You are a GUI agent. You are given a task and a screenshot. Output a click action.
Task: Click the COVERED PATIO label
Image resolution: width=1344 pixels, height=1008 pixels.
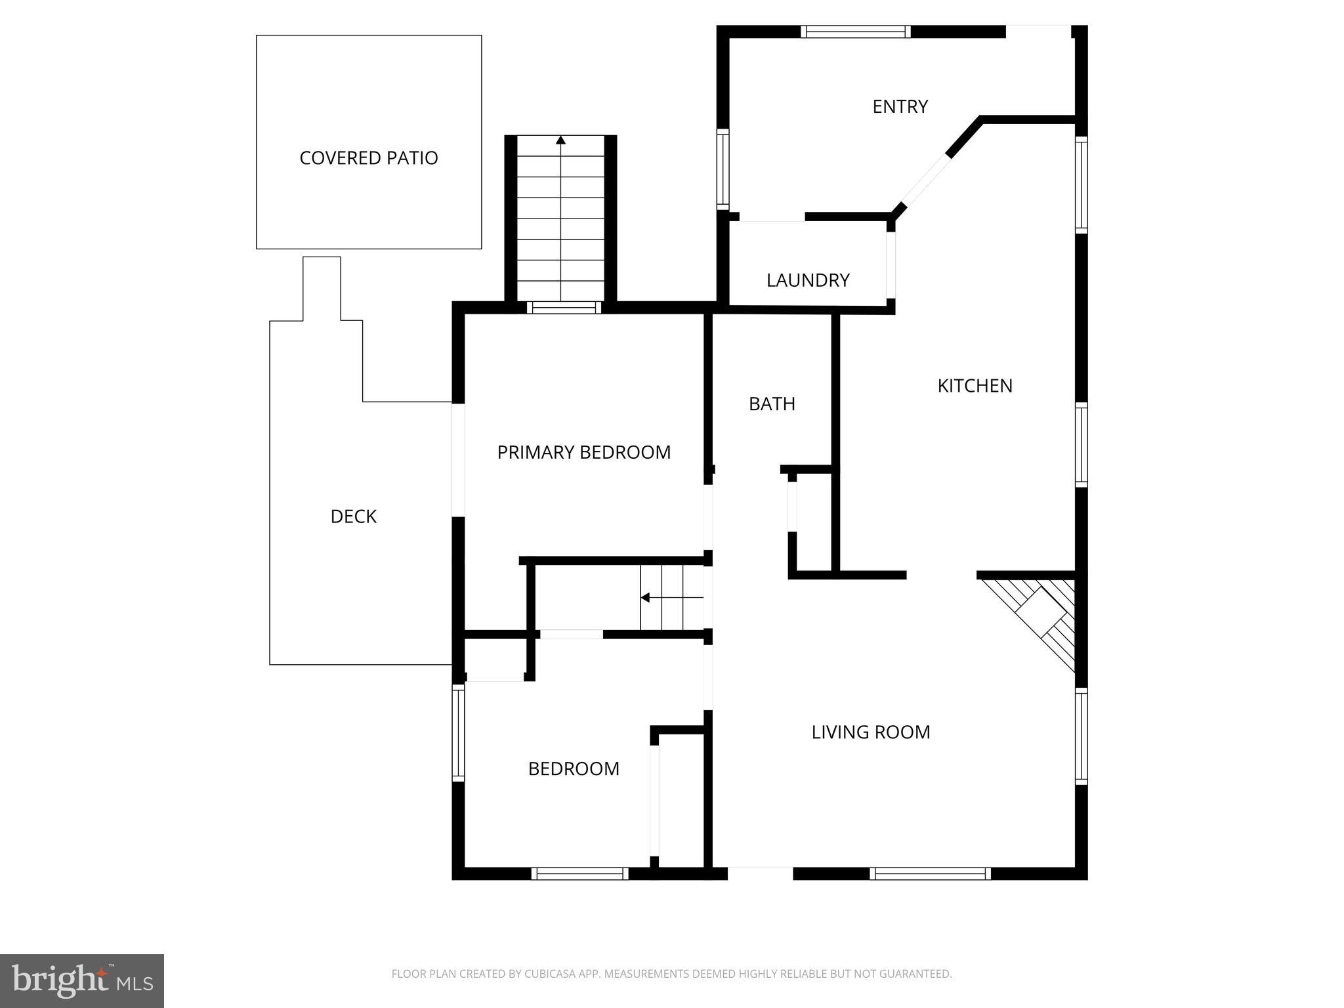[368, 158]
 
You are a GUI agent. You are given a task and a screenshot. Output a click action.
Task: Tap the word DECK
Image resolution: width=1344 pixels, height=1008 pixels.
[353, 516]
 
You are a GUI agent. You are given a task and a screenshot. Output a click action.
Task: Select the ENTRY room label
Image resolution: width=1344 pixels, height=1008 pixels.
[900, 106]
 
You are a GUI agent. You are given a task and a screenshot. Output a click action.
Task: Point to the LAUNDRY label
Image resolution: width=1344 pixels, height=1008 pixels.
[808, 280]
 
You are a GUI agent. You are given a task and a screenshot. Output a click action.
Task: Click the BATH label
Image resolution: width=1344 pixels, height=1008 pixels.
[772, 404]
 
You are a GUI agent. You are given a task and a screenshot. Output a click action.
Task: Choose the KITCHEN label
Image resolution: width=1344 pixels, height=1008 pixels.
[975, 386]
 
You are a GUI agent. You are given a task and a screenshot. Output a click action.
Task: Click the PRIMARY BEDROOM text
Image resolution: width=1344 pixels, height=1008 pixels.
[583, 452]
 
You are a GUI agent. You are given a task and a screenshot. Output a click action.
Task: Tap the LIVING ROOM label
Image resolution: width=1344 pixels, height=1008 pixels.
[870, 732]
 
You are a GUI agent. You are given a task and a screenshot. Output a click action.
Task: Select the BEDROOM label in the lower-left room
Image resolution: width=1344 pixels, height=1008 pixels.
[574, 768]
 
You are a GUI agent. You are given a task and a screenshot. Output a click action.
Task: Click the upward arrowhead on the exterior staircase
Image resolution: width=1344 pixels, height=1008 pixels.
[560, 140]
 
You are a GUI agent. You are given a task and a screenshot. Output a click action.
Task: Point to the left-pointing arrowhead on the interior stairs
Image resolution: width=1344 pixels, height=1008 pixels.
[645, 597]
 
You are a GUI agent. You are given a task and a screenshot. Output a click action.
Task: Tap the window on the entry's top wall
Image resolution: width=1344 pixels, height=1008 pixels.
[856, 31]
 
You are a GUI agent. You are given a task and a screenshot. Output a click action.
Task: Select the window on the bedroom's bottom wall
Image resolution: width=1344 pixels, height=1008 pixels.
[579, 873]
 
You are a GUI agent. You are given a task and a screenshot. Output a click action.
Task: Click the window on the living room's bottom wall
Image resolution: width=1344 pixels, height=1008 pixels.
[930, 873]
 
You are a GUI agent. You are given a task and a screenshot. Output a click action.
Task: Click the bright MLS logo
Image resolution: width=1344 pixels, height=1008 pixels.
[81, 980]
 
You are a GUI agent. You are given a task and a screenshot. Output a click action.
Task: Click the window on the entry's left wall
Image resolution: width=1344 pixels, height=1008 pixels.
[723, 169]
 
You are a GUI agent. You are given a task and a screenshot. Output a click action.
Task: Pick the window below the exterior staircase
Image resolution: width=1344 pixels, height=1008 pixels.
[564, 307]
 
